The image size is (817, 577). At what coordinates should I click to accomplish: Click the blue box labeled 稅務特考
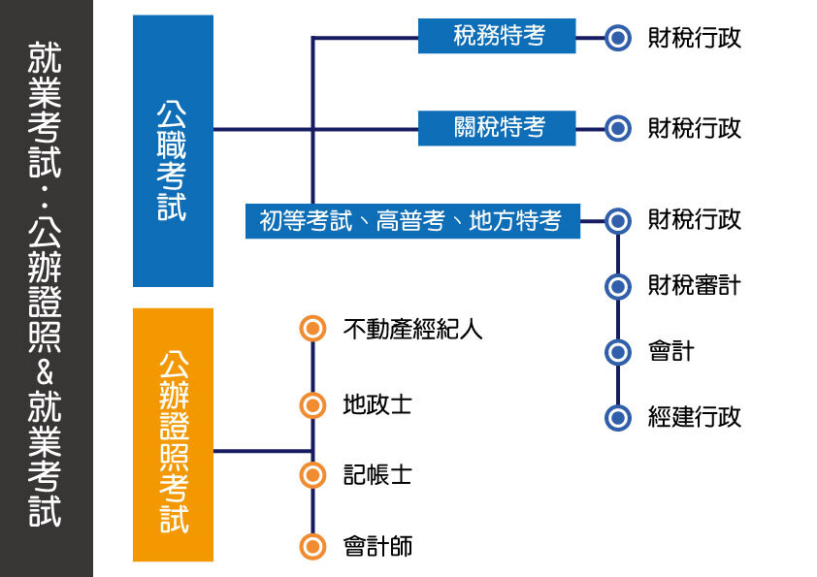(x=497, y=37)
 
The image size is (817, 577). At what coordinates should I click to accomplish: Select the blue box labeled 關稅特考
(x=497, y=128)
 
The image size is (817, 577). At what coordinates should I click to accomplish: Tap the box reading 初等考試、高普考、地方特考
(x=411, y=221)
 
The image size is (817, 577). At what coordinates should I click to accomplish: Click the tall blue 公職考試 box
(x=173, y=150)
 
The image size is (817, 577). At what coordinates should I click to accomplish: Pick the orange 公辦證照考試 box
(x=173, y=434)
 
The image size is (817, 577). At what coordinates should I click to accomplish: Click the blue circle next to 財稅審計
(x=618, y=286)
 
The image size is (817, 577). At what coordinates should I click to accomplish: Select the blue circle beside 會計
(x=618, y=351)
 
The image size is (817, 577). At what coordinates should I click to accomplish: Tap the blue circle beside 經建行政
(x=618, y=417)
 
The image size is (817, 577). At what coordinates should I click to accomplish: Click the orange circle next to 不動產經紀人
(x=311, y=330)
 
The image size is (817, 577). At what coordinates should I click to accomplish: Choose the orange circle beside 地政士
(x=311, y=404)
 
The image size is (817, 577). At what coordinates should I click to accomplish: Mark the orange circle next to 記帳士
(x=311, y=474)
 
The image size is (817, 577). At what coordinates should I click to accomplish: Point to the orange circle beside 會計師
(x=311, y=547)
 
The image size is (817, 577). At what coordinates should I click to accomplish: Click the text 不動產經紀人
(x=412, y=330)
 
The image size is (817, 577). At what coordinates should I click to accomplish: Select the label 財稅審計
(x=695, y=286)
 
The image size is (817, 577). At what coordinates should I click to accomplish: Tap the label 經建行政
(x=695, y=417)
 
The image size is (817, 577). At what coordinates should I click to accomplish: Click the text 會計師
(x=377, y=547)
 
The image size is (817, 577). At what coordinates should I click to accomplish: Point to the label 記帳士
(x=377, y=474)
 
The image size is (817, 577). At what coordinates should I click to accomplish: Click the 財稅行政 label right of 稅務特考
(x=695, y=38)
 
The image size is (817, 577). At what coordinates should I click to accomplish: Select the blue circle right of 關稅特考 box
(x=618, y=128)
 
